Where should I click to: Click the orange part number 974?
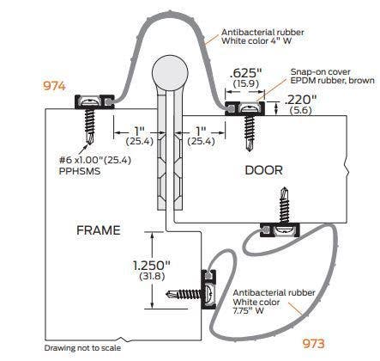[x=54, y=86]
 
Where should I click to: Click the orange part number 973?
[x=314, y=344]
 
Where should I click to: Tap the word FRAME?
[x=99, y=230]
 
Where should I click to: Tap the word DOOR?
[x=263, y=170]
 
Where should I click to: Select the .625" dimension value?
[x=245, y=73]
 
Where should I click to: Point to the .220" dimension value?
[x=300, y=100]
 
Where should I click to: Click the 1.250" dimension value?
[x=152, y=266]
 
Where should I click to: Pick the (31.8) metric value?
[x=152, y=277]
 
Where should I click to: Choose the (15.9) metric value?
[x=246, y=84]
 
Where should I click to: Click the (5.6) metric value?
[x=300, y=110]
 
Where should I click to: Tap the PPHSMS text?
[x=80, y=171]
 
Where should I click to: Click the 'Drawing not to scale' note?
[x=82, y=348]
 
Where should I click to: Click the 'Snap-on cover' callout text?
[x=320, y=71]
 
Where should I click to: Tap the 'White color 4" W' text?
[x=256, y=40]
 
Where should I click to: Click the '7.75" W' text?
[x=249, y=310]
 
